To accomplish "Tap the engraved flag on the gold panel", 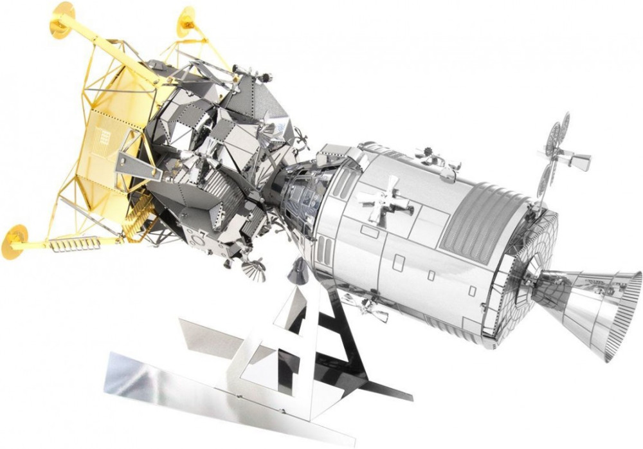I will tap(102, 138).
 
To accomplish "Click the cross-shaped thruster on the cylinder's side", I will tap(384, 201).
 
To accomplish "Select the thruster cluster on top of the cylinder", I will tap(437, 158).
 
